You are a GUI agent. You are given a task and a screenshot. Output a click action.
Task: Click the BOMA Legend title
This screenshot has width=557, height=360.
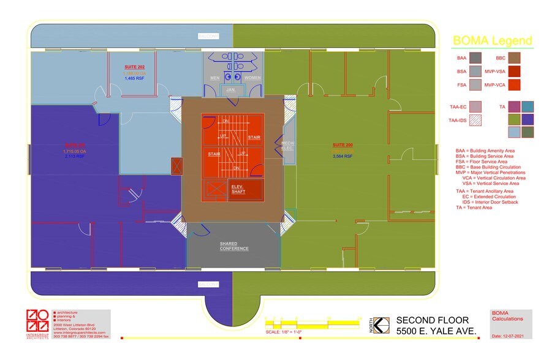(492, 42)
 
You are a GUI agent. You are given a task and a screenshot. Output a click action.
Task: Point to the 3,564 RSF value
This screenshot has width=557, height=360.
(343, 157)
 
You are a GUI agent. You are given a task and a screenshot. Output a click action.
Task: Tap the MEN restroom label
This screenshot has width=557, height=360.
(215, 78)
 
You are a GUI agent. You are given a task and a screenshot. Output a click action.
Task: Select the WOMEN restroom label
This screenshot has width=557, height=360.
(252, 78)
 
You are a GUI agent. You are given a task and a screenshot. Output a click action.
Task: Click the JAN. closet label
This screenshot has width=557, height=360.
(230, 90)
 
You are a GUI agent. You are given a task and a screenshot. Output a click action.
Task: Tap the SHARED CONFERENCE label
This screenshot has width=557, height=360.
(234, 246)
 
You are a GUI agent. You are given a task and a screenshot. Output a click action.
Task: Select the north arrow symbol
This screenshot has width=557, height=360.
(382, 325)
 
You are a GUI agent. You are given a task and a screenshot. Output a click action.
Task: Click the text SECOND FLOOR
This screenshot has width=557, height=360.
(432, 320)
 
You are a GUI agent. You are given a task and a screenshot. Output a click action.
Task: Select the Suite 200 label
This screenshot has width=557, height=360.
(343, 145)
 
